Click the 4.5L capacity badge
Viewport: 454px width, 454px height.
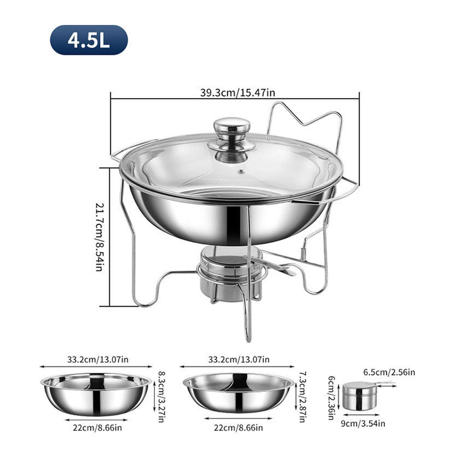(x=89, y=40)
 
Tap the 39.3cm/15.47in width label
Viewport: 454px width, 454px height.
(x=238, y=93)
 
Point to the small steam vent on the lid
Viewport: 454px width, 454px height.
(x=241, y=171)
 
